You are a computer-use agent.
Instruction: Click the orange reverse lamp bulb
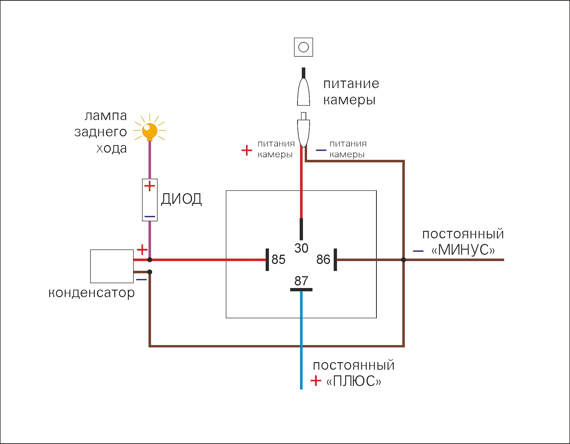(x=150, y=131)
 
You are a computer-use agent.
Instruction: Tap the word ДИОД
(x=181, y=199)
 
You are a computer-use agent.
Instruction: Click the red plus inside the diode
(x=150, y=186)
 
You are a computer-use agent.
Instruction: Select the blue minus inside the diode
(x=150, y=217)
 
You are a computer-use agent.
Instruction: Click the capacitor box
(x=112, y=266)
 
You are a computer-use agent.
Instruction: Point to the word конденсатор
(x=91, y=293)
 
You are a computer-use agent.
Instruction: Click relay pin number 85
(x=278, y=260)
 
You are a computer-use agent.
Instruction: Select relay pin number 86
(x=323, y=260)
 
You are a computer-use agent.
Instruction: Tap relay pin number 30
(x=301, y=248)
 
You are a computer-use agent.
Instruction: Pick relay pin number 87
(x=301, y=281)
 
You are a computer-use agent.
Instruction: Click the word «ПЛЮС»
(x=354, y=381)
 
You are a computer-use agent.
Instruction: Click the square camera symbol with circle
(x=303, y=47)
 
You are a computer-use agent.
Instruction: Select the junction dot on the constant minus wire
(x=403, y=260)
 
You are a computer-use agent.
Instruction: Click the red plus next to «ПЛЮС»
(x=316, y=381)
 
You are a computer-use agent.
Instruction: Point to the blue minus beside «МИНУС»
(x=418, y=251)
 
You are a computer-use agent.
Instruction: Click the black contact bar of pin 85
(x=267, y=260)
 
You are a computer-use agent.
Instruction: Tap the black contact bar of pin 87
(x=301, y=290)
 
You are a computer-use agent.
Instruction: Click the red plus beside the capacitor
(x=142, y=250)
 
